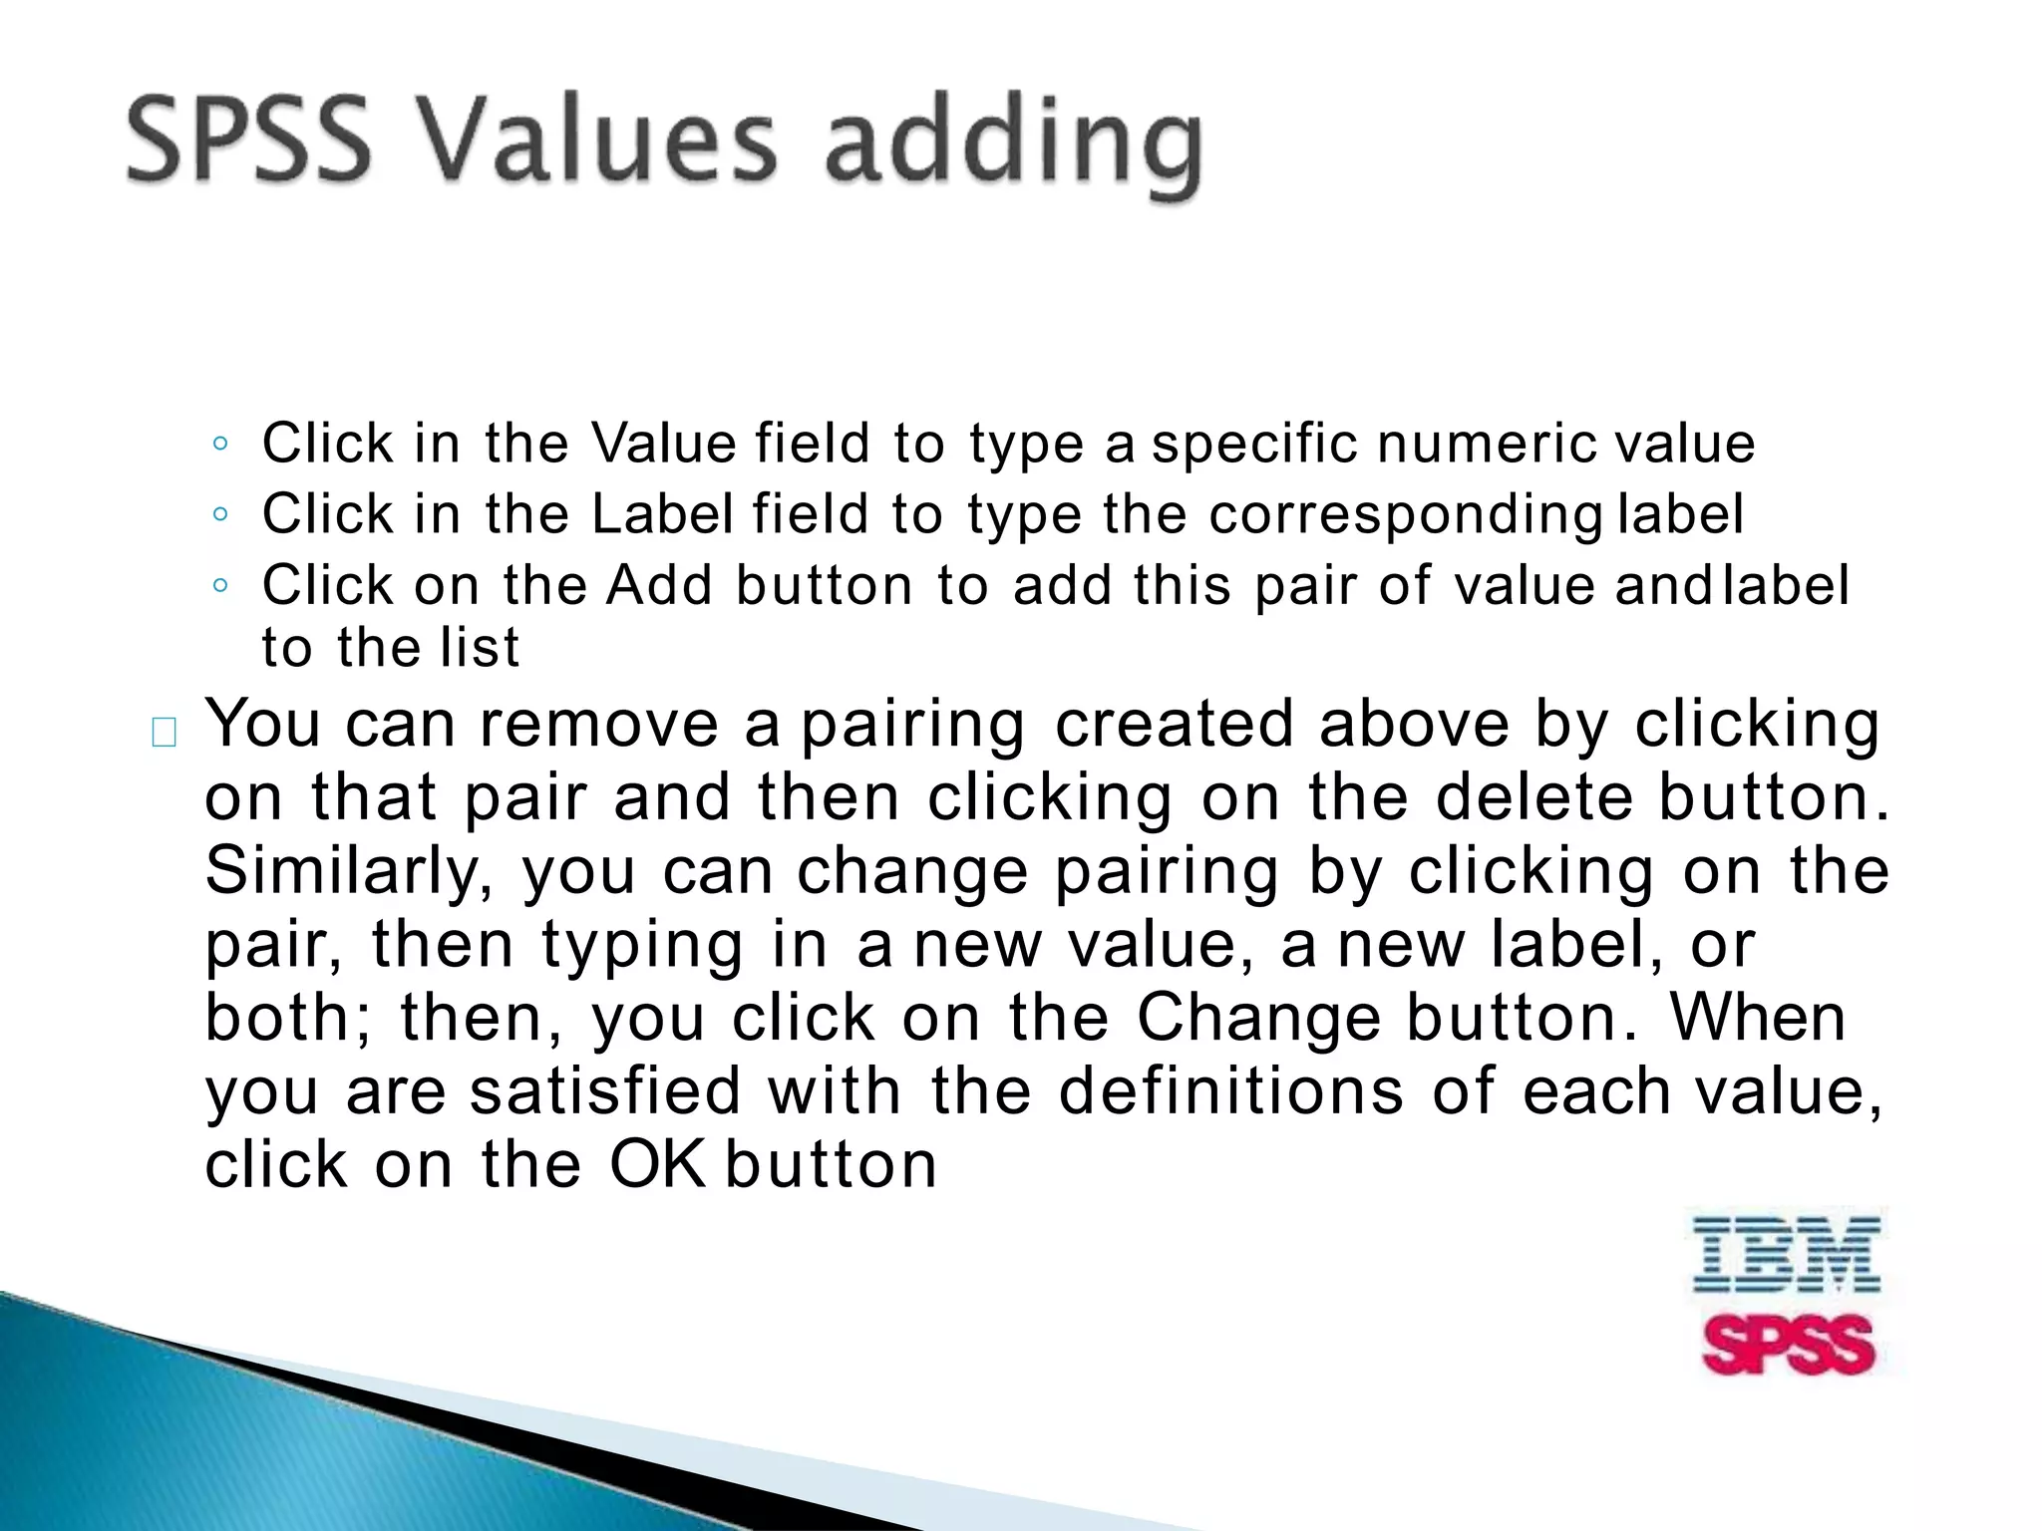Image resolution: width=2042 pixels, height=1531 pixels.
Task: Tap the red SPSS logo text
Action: [x=1789, y=1345]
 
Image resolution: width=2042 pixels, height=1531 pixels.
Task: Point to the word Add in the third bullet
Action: [x=659, y=585]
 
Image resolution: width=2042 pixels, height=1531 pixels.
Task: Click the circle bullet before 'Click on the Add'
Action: [x=220, y=585]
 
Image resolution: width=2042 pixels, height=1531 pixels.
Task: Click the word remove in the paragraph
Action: [x=598, y=725]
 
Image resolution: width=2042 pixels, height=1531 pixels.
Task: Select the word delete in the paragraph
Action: [x=1534, y=797]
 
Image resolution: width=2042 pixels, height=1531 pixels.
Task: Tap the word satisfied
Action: [x=605, y=1091]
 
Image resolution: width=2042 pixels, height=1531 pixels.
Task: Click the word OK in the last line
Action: [x=657, y=1164]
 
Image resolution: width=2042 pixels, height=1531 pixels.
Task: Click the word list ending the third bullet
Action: [x=480, y=648]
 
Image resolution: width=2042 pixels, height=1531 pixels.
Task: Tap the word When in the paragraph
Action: [x=1757, y=1018]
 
